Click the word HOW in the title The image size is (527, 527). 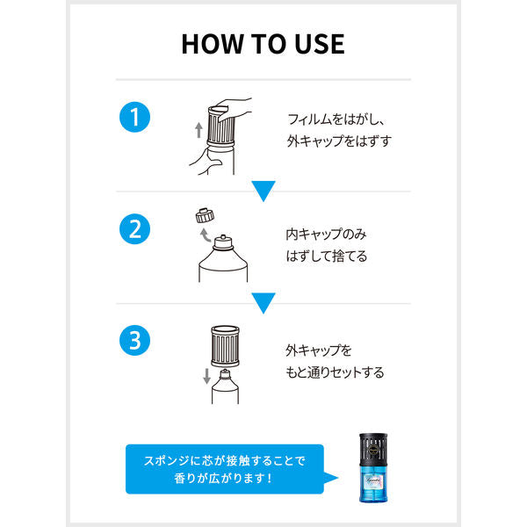(212, 44)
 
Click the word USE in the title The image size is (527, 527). (320, 44)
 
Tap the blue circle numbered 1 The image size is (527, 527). (134, 117)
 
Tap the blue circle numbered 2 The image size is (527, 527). (134, 229)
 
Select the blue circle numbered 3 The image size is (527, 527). (134, 341)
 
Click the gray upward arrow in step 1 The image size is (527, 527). (199, 130)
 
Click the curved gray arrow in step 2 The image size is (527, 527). (205, 235)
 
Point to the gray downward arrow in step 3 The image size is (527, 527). (206, 376)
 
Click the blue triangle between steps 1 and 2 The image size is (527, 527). (263, 190)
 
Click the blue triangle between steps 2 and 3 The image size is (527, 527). (263, 302)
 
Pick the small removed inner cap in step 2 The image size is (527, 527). (205, 216)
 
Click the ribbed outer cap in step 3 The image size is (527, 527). (225, 346)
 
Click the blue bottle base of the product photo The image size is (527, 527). (373, 484)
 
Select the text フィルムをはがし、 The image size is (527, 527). (336, 119)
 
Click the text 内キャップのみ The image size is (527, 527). (326, 235)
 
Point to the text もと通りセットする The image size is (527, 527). (335, 372)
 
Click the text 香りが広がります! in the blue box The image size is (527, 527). (223, 478)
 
